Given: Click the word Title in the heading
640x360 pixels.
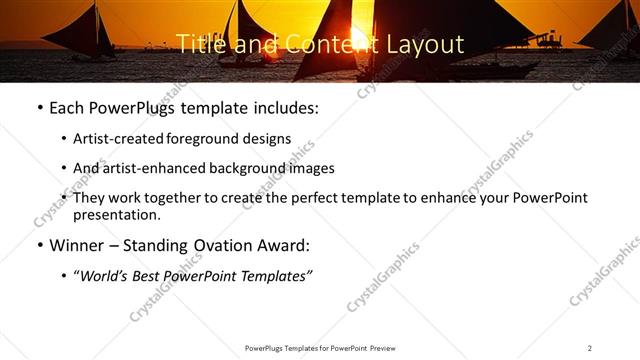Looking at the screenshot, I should [x=199, y=44].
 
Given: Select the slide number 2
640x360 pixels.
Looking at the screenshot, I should [x=590, y=347].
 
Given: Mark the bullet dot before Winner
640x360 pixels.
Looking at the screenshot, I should [x=38, y=245].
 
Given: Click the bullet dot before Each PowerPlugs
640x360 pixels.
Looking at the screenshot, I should [x=38, y=107].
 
